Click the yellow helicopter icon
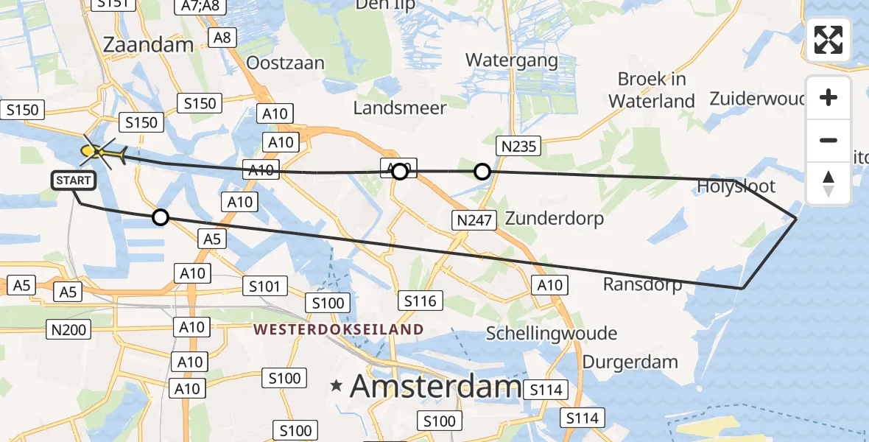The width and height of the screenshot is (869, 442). (99, 152)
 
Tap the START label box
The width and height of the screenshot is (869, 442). (73, 180)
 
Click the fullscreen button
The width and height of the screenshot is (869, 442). (828, 40)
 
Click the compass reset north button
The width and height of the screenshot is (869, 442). (828, 182)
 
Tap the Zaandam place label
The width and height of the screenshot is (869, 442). (148, 44)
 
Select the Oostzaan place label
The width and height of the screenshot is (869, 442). (285, 63)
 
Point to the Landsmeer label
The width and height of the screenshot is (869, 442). (400, 108)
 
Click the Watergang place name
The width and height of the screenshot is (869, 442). (509, 60)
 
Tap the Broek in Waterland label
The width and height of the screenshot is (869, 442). (652, 90)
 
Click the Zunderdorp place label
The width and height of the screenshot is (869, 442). (555, 218)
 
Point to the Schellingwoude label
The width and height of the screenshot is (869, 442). (552, 334)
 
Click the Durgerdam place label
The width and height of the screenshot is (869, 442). (630, 362)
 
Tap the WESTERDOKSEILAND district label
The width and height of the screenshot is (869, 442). (339, 329)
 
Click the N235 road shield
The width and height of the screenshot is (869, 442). (518, 146)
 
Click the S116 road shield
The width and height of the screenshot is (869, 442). (421, 300)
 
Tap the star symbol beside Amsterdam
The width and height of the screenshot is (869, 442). (337, 385)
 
